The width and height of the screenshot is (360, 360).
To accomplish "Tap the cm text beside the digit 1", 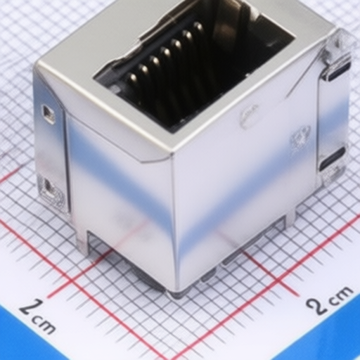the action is [x=44, y=324].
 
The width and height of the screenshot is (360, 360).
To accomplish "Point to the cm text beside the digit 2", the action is [x=340, y=296].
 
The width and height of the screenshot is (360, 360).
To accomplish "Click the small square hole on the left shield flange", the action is [x=48, y=114].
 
